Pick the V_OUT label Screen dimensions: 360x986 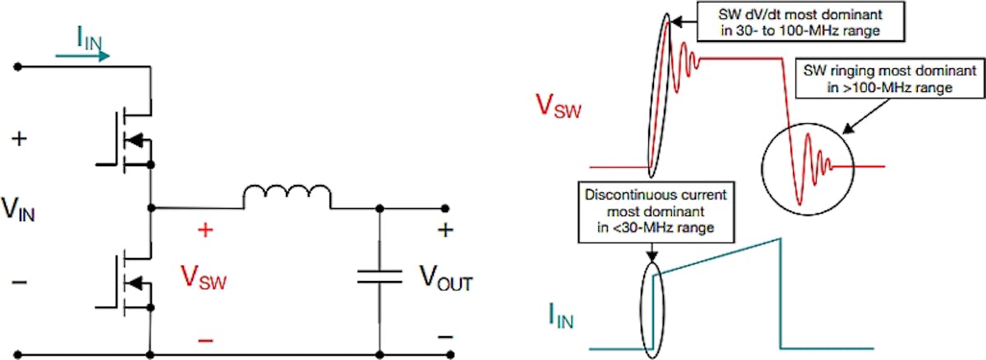pyautogui.click(x=446, y=283)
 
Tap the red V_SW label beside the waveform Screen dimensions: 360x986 pyautogui.click(x=559, y=107)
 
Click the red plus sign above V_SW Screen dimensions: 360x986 pyautogui.click(x=205, y=231)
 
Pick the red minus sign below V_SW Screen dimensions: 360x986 pyautogui.click(x=205, y=338)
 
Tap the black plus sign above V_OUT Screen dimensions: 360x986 pyautogui.click(x=445, y=231)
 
